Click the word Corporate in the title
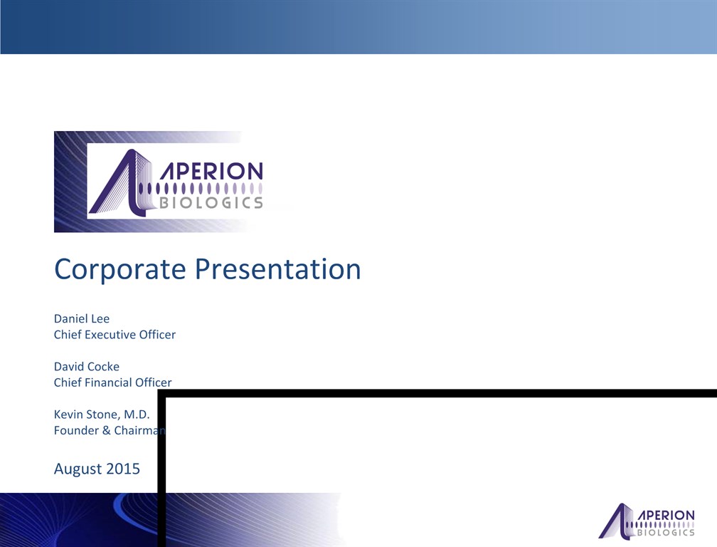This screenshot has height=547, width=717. pyautogui.click(x=119, y=269)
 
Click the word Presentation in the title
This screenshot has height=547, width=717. pyautogui.click(x=278, y=269)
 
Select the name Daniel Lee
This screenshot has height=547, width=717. pyautogui.click(x=82, y=318)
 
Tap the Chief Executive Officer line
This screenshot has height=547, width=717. pyautogui.click(x=115, y=335)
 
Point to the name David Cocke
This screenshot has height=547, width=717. pyautogui.click(x=87, y=367)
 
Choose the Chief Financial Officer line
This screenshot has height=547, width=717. pyautogui.click(x=113, y=382)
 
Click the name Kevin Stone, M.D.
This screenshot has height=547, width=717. pyautogui.click(x=102, y=415)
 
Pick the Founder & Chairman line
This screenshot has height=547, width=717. pyautogui.click(x=110, y=430)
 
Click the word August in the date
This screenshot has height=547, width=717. pyautogui.click(x=77, y=469)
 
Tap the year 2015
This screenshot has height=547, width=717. pyautogui.click(x=122, y=469)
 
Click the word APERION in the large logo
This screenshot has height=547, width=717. pyautogui.click(x=211, y=171)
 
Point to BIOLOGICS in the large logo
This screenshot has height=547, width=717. pyautogui.click(x=211, y=203)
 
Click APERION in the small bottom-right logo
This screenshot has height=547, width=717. pyautogui.click(x=666, y=516)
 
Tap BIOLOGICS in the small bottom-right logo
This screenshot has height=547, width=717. pyautogui.click(x=666, y=532)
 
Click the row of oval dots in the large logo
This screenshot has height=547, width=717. pyautogui.click(x=201, y=188)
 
